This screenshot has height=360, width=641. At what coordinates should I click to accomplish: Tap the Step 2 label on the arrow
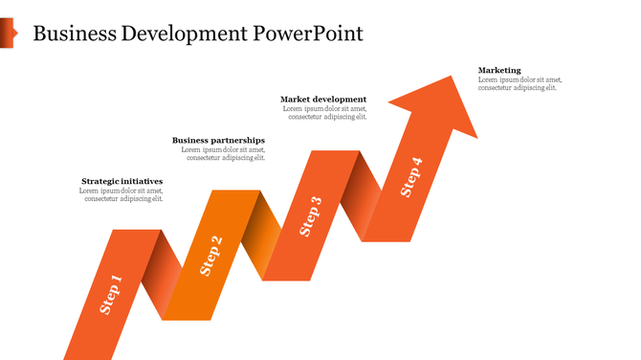point(211,256)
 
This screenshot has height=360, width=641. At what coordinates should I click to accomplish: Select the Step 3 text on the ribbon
point(311,215)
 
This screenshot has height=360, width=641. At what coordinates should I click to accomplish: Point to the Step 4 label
point(410,176)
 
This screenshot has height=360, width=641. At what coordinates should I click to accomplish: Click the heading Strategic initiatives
point(122,181)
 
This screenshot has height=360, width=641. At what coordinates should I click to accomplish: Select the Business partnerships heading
point(218,140)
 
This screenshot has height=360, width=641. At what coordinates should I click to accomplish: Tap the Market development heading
point(323,100)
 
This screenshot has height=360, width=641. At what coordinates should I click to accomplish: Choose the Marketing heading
point(499,70)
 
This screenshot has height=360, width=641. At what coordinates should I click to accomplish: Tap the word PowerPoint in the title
point(308,34)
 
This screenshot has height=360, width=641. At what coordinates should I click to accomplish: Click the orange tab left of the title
point(8,34)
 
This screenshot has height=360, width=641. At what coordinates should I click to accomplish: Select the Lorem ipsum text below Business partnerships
point(223,153)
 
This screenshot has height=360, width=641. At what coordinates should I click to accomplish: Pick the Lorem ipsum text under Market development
point(325,113)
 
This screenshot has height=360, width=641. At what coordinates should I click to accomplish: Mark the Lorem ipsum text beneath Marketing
point(519,83)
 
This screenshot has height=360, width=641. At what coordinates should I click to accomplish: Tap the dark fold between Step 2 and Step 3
point(259,235)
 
